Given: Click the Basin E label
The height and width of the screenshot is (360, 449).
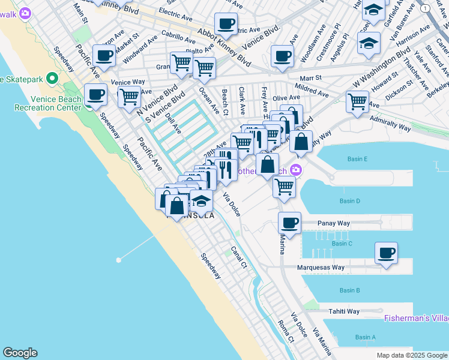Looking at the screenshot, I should (x=357, y=159).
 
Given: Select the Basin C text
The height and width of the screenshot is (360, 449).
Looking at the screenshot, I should (x=342, y=244).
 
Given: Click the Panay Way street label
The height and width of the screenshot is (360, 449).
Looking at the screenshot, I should (x=334, y=223).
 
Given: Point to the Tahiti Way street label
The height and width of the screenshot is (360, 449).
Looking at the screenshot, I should (x=343, y=311).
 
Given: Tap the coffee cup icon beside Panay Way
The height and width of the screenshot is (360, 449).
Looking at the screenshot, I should (x=289, y=223).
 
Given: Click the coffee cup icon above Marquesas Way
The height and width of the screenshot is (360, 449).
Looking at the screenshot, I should (x=387, y=252).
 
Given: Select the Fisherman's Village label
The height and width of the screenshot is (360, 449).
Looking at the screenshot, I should (x=416, y=318).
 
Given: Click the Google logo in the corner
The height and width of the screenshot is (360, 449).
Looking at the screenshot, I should (x=20, y=353).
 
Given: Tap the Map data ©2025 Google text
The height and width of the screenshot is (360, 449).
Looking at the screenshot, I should (x=411, y=355).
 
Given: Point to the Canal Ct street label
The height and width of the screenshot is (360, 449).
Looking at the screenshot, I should (x=240, y=257).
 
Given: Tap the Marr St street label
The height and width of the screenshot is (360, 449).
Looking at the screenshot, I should (x=311, y=77).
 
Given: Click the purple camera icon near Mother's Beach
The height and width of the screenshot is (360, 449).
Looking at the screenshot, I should (x=296, y=170).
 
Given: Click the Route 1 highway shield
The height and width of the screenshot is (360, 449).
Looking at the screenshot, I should (x=425, y=8).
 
